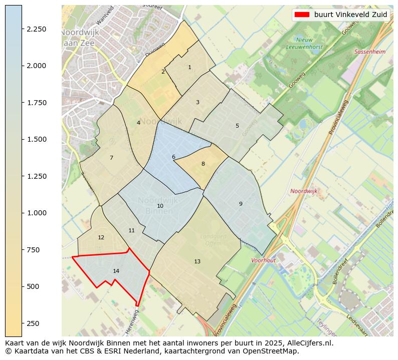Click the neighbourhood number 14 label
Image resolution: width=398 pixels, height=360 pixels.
pyautogui.click(x=116, y=271)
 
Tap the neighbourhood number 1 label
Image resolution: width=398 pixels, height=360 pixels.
pyautogui.click(x=189, y=67)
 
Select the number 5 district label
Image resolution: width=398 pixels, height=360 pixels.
pyautogui.click(x=237, y=126)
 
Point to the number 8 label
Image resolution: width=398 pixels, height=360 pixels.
pyautogui.click(x=203, y=164)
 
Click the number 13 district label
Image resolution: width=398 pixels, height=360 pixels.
pyautogui.click(x=197, y=261)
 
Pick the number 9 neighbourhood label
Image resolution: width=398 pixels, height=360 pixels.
pyautogui.click(x=241, y=204)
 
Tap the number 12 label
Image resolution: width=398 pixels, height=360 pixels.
pyautogui.click(x=101, y=237)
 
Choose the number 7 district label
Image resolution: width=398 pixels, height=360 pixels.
pyautogui.click(x=111, y=158)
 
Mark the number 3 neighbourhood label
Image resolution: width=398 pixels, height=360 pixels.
pyautogui.click(x=197, y=102)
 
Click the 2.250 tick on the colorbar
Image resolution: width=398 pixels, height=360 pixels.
pyautogui.click(x=36, y=29)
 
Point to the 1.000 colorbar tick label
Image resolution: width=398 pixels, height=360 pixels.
pyautogui.click(x=36, y=213)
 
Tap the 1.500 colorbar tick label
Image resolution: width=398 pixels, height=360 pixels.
pyautogui.click(x=36, y=139)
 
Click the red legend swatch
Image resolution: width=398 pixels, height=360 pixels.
pyautogui.click(x=302, y=15)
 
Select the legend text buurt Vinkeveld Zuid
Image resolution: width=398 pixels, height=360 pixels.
pyautogui.click(x=351, y=15)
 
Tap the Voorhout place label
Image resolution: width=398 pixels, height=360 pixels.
pyautogui.click(x=264, y=260)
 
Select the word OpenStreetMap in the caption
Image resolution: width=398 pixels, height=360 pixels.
pyautogui.click(x=273, y=351)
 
